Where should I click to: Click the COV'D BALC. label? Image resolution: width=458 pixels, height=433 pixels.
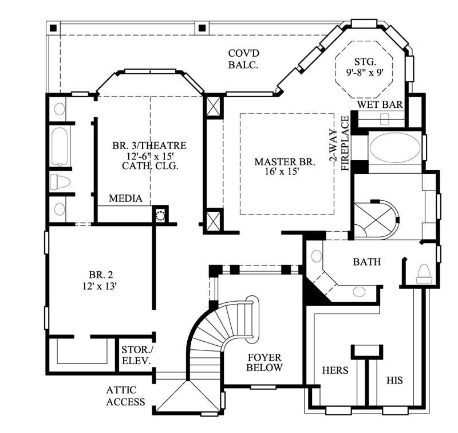coord(243,58)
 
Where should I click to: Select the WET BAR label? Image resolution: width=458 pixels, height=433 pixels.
coord(381,105)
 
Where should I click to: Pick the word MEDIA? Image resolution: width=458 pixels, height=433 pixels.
coord(125,198)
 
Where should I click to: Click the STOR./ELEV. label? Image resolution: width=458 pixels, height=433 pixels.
coord(136,355)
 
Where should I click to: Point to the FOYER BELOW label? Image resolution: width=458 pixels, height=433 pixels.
coord(264,362)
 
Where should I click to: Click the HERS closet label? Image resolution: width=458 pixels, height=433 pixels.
coord(335,370)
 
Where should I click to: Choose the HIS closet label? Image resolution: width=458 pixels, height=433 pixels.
coord(394,380)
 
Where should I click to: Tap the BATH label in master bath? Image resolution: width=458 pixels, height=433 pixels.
coord(366,262)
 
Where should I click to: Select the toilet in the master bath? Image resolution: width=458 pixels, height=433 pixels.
coord(424,273)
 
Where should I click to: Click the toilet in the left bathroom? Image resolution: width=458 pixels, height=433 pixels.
coord(60,182)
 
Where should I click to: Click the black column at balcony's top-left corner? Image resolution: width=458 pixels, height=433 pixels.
coord(53,28)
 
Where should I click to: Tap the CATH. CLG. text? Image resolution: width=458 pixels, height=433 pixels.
coord(150,166)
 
